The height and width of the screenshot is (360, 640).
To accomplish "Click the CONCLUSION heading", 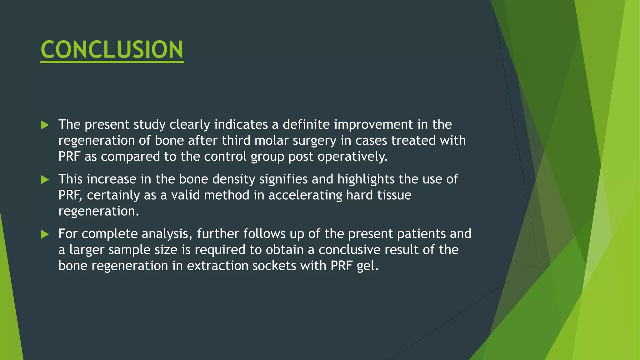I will [x=112, y=50].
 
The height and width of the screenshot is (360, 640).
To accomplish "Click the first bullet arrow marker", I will [x=45, y=125].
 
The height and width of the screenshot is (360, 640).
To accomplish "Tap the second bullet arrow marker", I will [x=45, y=180].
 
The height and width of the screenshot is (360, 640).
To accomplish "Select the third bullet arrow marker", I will [x=45, y=234].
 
